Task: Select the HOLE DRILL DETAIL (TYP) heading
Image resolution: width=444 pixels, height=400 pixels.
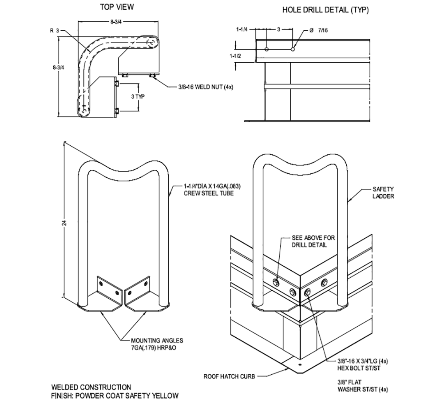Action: coord(325,10)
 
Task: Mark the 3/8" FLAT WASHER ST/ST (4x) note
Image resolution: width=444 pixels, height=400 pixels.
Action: coord(362,385)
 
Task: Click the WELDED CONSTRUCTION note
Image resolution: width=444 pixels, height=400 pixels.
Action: coord(91,387)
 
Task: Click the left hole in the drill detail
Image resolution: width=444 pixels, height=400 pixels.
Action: coord(266,48)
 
